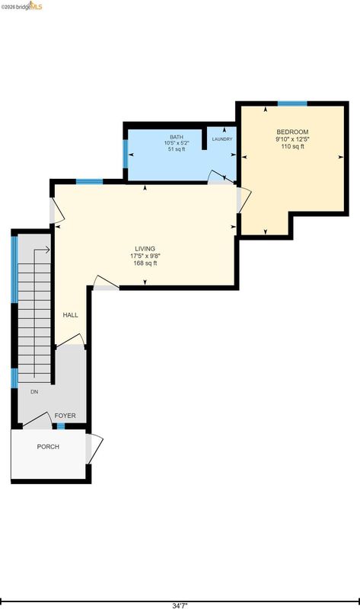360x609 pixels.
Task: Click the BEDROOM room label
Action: (292, 132)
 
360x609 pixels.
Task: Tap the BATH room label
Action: (177, 137)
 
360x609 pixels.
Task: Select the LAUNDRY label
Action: (222, 139)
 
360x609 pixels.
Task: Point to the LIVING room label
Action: (145, 249)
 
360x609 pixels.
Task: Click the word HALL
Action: (70, 315)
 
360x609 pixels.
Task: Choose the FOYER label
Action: (65, 416)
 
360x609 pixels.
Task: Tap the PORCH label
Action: (48, 447)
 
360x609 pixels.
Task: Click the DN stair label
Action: (34, 392)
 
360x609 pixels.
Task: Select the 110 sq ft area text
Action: (292, 146)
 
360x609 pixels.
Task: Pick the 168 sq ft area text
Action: (145, 263)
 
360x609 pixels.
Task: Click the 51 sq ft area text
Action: (177, 148)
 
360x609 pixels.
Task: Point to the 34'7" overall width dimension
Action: (180, 605)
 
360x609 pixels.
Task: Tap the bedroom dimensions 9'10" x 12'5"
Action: (292, 139)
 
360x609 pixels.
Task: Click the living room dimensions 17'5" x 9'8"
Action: (145, 256)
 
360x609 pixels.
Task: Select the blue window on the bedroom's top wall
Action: (292, 104)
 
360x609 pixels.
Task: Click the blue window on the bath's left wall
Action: (126, 155)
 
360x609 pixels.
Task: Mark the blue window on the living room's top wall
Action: (89, 181)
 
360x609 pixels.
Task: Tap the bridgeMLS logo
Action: (21, 6)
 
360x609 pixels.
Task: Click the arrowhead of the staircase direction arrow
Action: (48, 250)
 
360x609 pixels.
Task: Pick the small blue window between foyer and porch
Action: (61, 426)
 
